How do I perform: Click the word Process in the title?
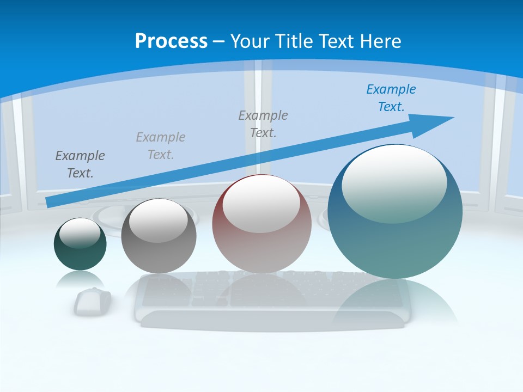pos(171,41)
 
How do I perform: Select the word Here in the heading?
pos(380,41)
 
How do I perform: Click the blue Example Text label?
pos(391,98)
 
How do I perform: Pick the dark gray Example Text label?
pos(80,164)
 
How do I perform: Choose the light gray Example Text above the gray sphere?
pos(161,146)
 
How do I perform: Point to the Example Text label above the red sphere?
pos(263,124)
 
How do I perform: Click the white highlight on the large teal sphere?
pos(394,182)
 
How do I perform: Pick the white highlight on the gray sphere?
pos(158,219)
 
